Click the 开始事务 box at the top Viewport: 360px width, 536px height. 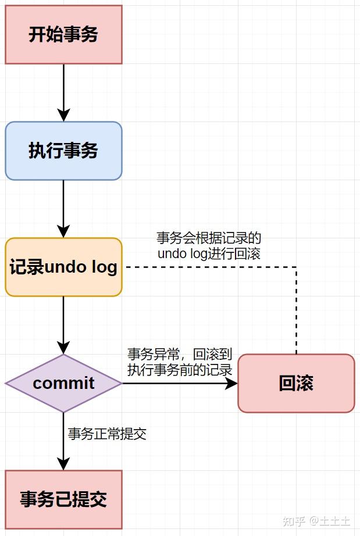[63, 35]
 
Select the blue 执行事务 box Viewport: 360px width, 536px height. [63, 151]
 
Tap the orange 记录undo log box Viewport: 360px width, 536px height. [63, 267]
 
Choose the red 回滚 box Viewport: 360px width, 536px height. [296, 384]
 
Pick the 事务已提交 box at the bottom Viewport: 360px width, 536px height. [63, 499]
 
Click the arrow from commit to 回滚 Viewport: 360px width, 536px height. [180, 384]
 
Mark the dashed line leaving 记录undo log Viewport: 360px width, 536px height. [209, 267]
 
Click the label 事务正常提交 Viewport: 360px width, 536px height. [107, 434]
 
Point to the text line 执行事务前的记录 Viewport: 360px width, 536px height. [180, 370]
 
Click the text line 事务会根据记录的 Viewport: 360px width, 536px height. [209, 238]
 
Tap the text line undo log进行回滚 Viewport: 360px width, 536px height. [209, 253]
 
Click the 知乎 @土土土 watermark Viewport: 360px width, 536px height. [316, 520]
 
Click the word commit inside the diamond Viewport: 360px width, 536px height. [63, 384]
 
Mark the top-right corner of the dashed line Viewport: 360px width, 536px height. [296, 267]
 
